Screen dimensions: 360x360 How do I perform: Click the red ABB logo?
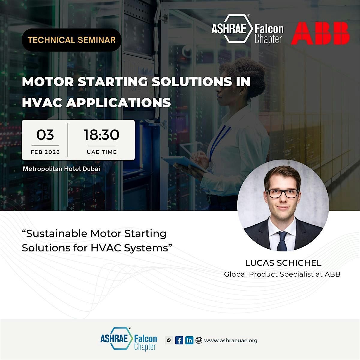tap(320, 33)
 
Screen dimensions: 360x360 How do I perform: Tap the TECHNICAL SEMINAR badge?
tap(72, 40)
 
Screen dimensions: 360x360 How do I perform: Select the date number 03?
tap(45, 135)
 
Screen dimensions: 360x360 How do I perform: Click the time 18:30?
tap(101, 135)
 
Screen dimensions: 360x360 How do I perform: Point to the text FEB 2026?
tap(45, 152)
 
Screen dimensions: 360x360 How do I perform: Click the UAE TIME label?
tap(102, 152)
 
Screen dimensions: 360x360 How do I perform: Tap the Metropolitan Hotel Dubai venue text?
tap(61, 169)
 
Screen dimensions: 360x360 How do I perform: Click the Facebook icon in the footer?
tap(179, 340)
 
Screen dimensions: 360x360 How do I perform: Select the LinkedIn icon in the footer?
tap(189, 340)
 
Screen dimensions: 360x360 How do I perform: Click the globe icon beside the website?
tap(199, 340)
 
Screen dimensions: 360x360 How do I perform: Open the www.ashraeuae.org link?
tap(231, 340)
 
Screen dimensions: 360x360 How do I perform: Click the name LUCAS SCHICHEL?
tap(283, 263)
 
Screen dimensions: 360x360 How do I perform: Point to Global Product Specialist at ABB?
tap(282, 274)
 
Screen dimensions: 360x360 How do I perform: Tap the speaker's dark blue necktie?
tap(282, 241)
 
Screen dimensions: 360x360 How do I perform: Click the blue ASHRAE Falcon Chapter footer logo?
tap(128, 340)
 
